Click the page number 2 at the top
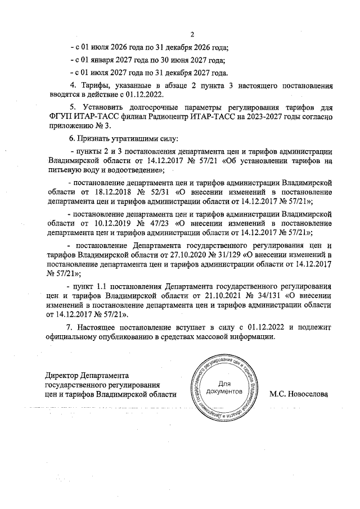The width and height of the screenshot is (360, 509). (192, 34)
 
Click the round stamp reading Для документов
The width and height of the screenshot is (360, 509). (224, 385)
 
